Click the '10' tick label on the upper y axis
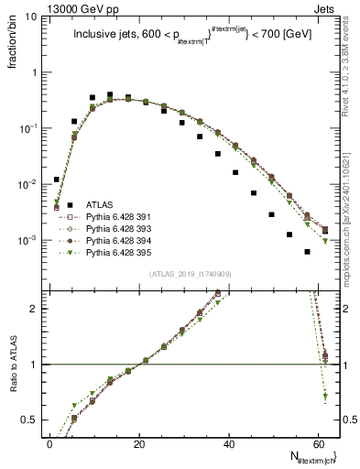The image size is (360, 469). pos(29,16)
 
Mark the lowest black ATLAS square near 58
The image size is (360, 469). pos(308,252)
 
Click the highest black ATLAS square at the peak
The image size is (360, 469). pos(110,94)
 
